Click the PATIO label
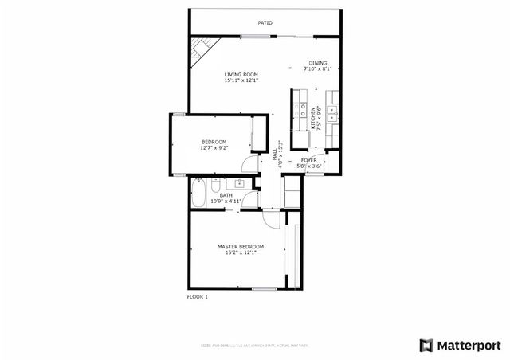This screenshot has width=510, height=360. click(x=265, y=23)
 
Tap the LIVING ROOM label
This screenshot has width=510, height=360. click(x=241, y=74)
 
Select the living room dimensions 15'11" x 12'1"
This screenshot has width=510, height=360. click(x=241, y=80)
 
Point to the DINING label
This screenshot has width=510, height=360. click(x=318, y=63)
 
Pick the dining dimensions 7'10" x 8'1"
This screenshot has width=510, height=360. click(x=318, y=69)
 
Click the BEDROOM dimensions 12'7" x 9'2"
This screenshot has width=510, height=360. click(x=214, y=148)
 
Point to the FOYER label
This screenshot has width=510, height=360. click(x=308, y=160)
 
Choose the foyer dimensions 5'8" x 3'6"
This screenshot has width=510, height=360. click(x=308, y=166)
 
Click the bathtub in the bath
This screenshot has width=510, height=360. click(x=198, y=193)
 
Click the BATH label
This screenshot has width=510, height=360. click(x=226, y=195)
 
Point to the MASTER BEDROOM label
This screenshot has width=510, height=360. click(x=241, y=247)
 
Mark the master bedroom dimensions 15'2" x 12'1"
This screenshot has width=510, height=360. click(x=241, y=253)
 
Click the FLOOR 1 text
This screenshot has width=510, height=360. click(x=197, y=296)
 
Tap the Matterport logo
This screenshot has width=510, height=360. click(x=460, y=345)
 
